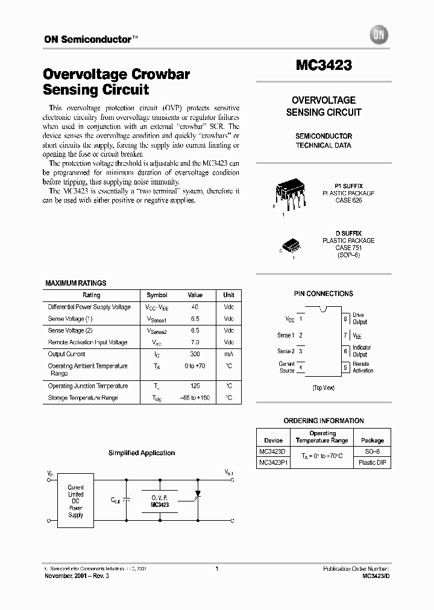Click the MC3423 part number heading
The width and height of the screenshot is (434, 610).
click(324, 65)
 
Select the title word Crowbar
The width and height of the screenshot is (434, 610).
click(161, 75)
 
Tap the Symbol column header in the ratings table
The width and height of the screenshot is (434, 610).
click(157, 295)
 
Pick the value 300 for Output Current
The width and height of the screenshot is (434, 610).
click(195, 354)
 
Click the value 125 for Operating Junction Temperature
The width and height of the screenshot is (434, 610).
click(195, 386)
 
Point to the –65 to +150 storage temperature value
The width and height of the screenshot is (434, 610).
click(195, 398)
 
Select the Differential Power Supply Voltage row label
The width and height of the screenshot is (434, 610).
click(89, 307)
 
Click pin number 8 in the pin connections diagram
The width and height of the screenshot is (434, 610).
click(345, 318)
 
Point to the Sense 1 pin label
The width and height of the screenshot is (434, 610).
click(286, 335)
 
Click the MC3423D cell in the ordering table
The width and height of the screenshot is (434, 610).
click(274, 451)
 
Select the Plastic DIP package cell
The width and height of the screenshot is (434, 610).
click(372, 463)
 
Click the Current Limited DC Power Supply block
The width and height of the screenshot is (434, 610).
click(76, 501)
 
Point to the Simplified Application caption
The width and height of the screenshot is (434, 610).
click(142, 453)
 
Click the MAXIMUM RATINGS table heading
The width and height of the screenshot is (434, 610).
click(76, 283)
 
